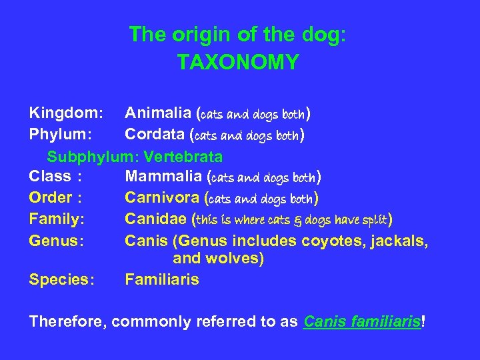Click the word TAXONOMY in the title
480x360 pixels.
(238, 62)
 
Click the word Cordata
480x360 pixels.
(155, 135)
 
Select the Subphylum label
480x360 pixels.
(93, 157)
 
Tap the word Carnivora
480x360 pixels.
(163, 198)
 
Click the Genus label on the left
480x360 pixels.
(56, 241)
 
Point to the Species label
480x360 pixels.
(61, 279)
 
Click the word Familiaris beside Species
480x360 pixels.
(162, 279)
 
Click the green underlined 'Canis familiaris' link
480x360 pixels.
(362, 321)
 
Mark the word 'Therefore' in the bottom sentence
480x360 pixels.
(67, 321)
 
